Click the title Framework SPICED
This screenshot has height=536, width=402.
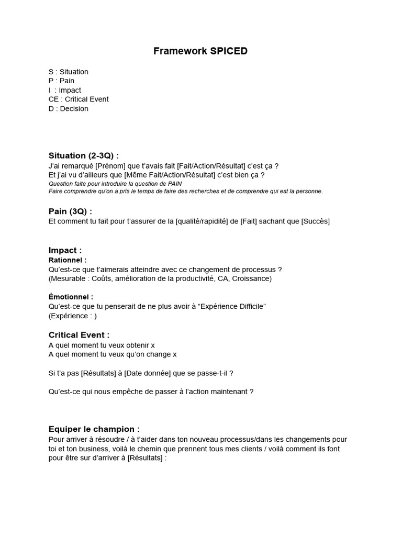[200, 51]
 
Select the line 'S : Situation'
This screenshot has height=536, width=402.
[68, 72]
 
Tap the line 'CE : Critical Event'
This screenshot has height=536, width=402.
[79, 99]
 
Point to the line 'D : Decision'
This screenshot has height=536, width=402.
[68, 108]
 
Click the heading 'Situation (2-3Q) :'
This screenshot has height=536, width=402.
[83, 155]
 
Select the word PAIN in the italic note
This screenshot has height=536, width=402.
[173, 184]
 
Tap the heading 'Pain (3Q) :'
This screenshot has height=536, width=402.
[70, 211]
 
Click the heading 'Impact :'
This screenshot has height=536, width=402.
[65, 250]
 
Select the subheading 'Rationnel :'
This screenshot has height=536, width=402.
[68, 260]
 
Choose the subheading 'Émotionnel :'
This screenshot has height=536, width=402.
[71, 297]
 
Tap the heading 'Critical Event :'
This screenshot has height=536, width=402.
[79, 335]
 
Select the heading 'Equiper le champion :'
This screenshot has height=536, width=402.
[94, 429]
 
